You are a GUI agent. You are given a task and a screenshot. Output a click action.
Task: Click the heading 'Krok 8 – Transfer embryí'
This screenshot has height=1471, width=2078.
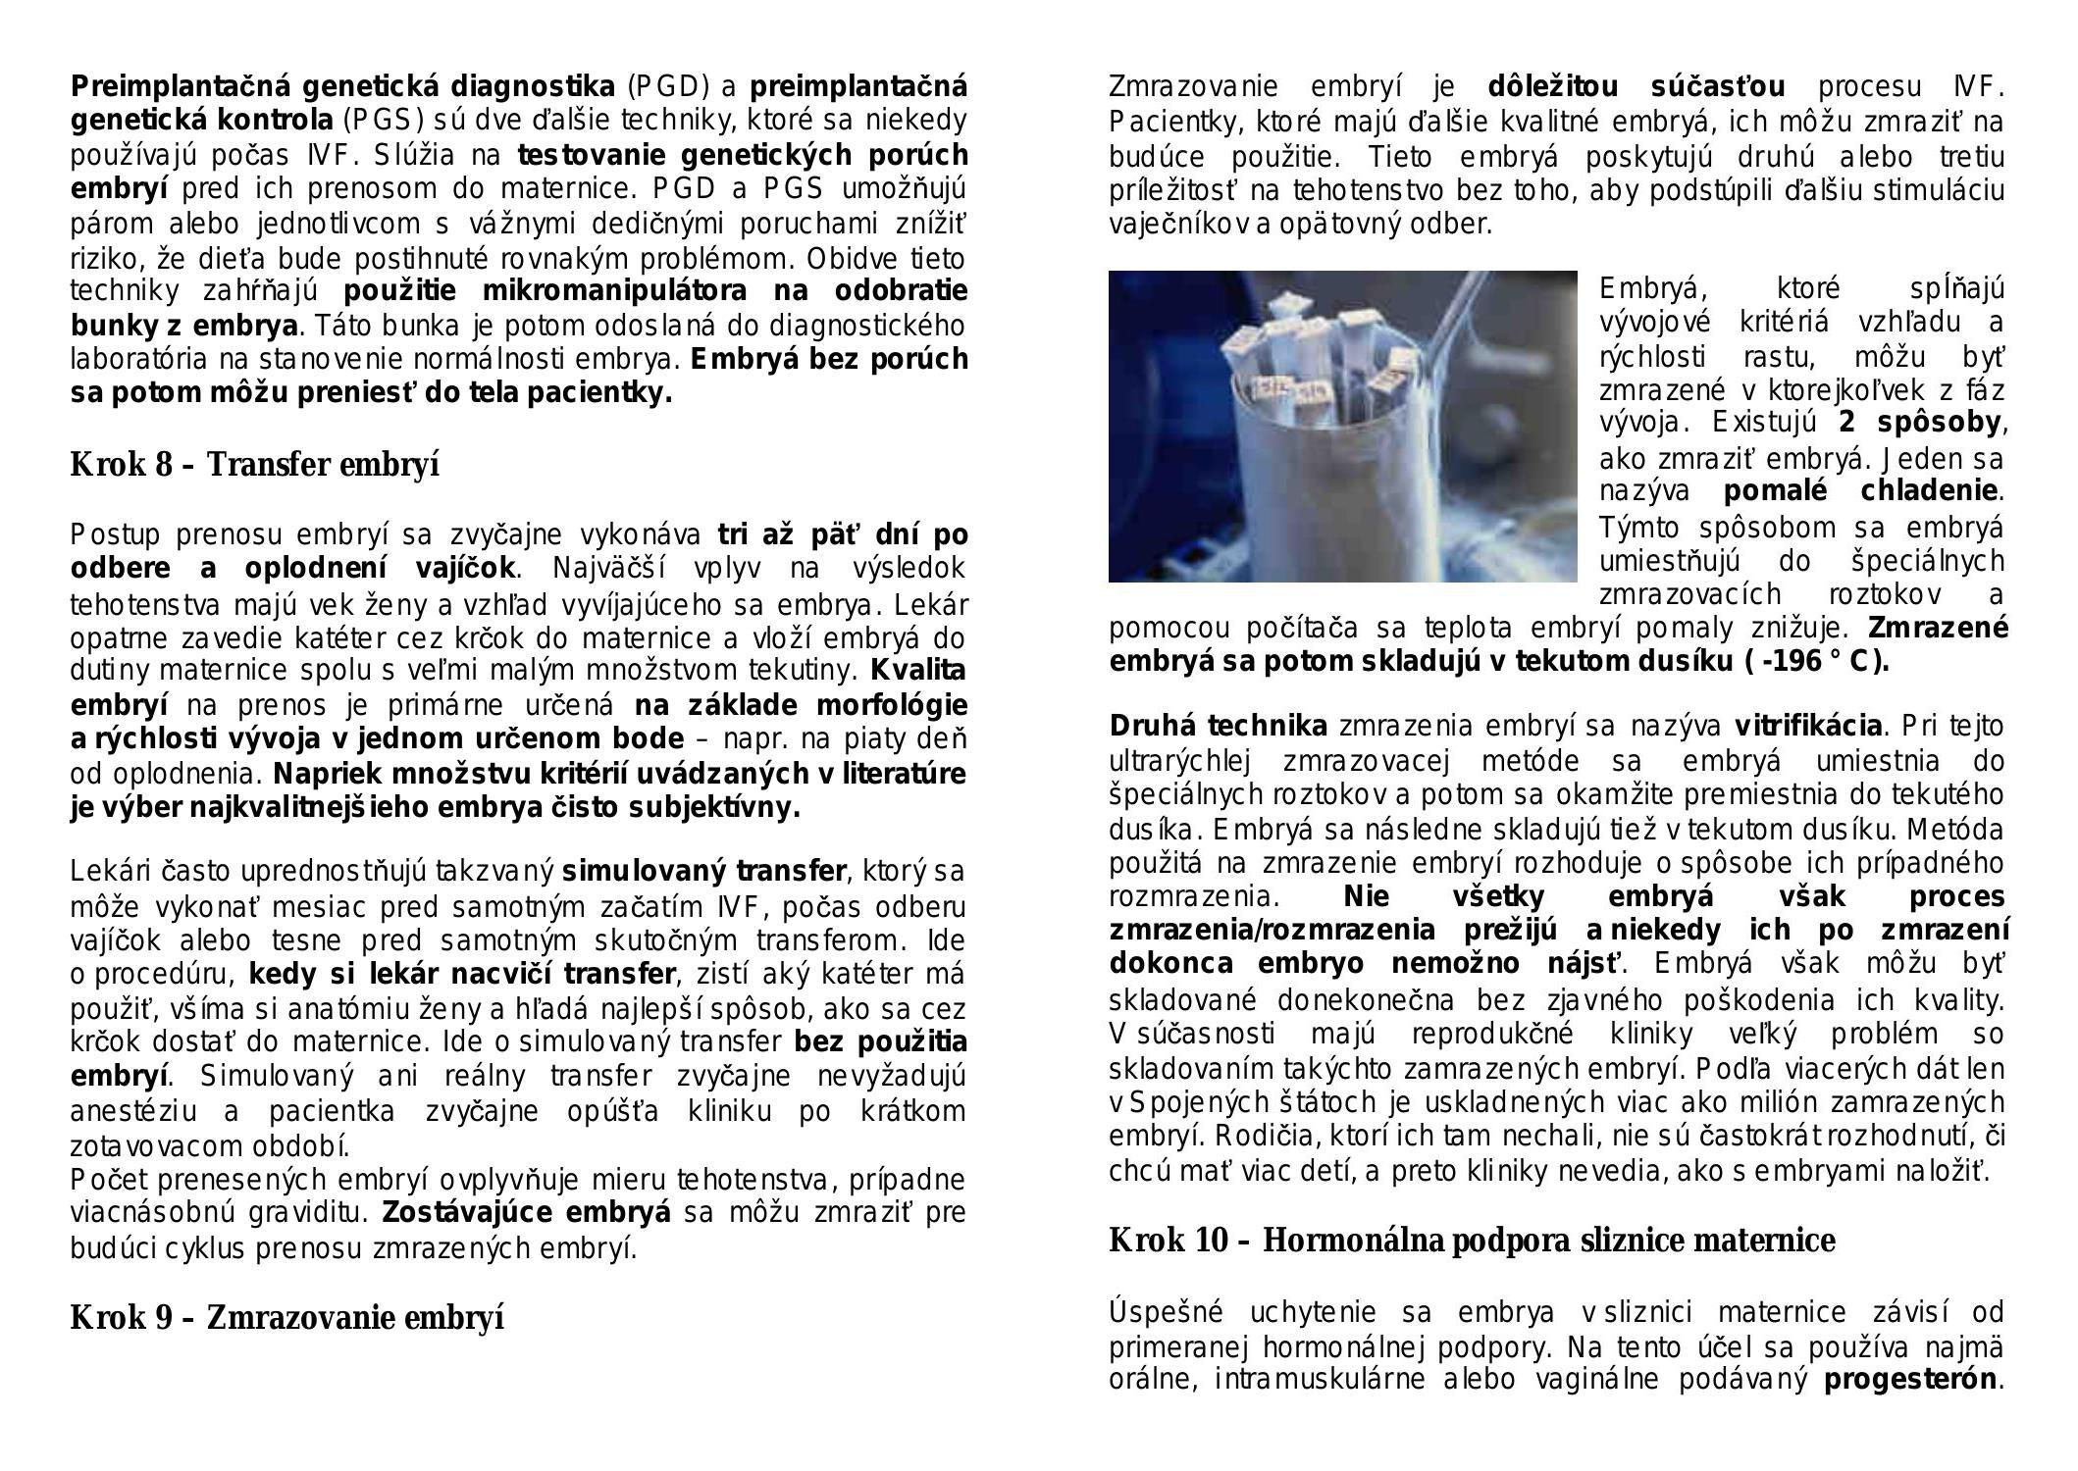point(254,464)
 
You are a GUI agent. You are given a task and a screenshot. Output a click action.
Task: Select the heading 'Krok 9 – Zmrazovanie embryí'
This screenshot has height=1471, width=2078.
point(286,1317)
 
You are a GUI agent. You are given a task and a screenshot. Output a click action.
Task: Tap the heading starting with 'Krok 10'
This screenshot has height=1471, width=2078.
point(1472,1241)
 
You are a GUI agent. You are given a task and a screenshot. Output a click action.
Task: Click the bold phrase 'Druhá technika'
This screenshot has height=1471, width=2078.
point(1218,727)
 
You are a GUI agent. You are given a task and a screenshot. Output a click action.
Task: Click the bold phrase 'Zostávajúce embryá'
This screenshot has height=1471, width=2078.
point(526,1213)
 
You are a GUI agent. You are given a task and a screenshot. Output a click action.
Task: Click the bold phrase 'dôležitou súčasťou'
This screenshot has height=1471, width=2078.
point(1636,87)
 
